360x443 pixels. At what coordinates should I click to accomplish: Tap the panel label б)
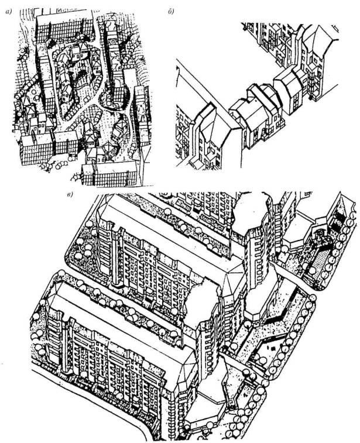click(x=171, y=12)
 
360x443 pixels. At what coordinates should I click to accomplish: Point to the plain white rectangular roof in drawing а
click(x=130, y=77)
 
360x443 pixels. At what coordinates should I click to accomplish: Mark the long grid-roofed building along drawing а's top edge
click(x=65, y=27)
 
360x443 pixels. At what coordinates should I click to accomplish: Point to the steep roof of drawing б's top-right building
click(x=320, y=42)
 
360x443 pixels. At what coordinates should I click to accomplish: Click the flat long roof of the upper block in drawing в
click(x=170, y=234)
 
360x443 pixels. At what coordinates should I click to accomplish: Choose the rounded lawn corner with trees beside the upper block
click(x=78, y=255)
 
